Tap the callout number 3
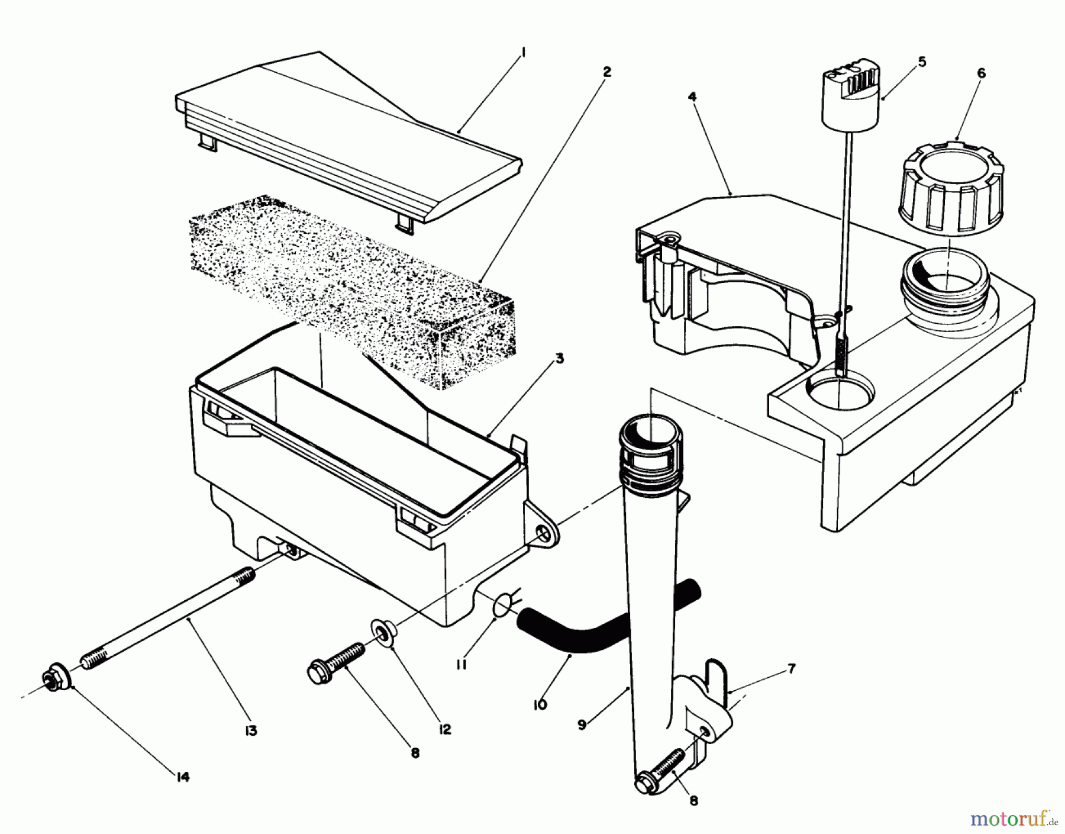[x=559, y=358]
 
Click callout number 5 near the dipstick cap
[x=921, y=62]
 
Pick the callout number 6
[x=981, y=73]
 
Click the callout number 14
[x=183, y=777]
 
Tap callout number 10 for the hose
[x=540, y=704]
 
